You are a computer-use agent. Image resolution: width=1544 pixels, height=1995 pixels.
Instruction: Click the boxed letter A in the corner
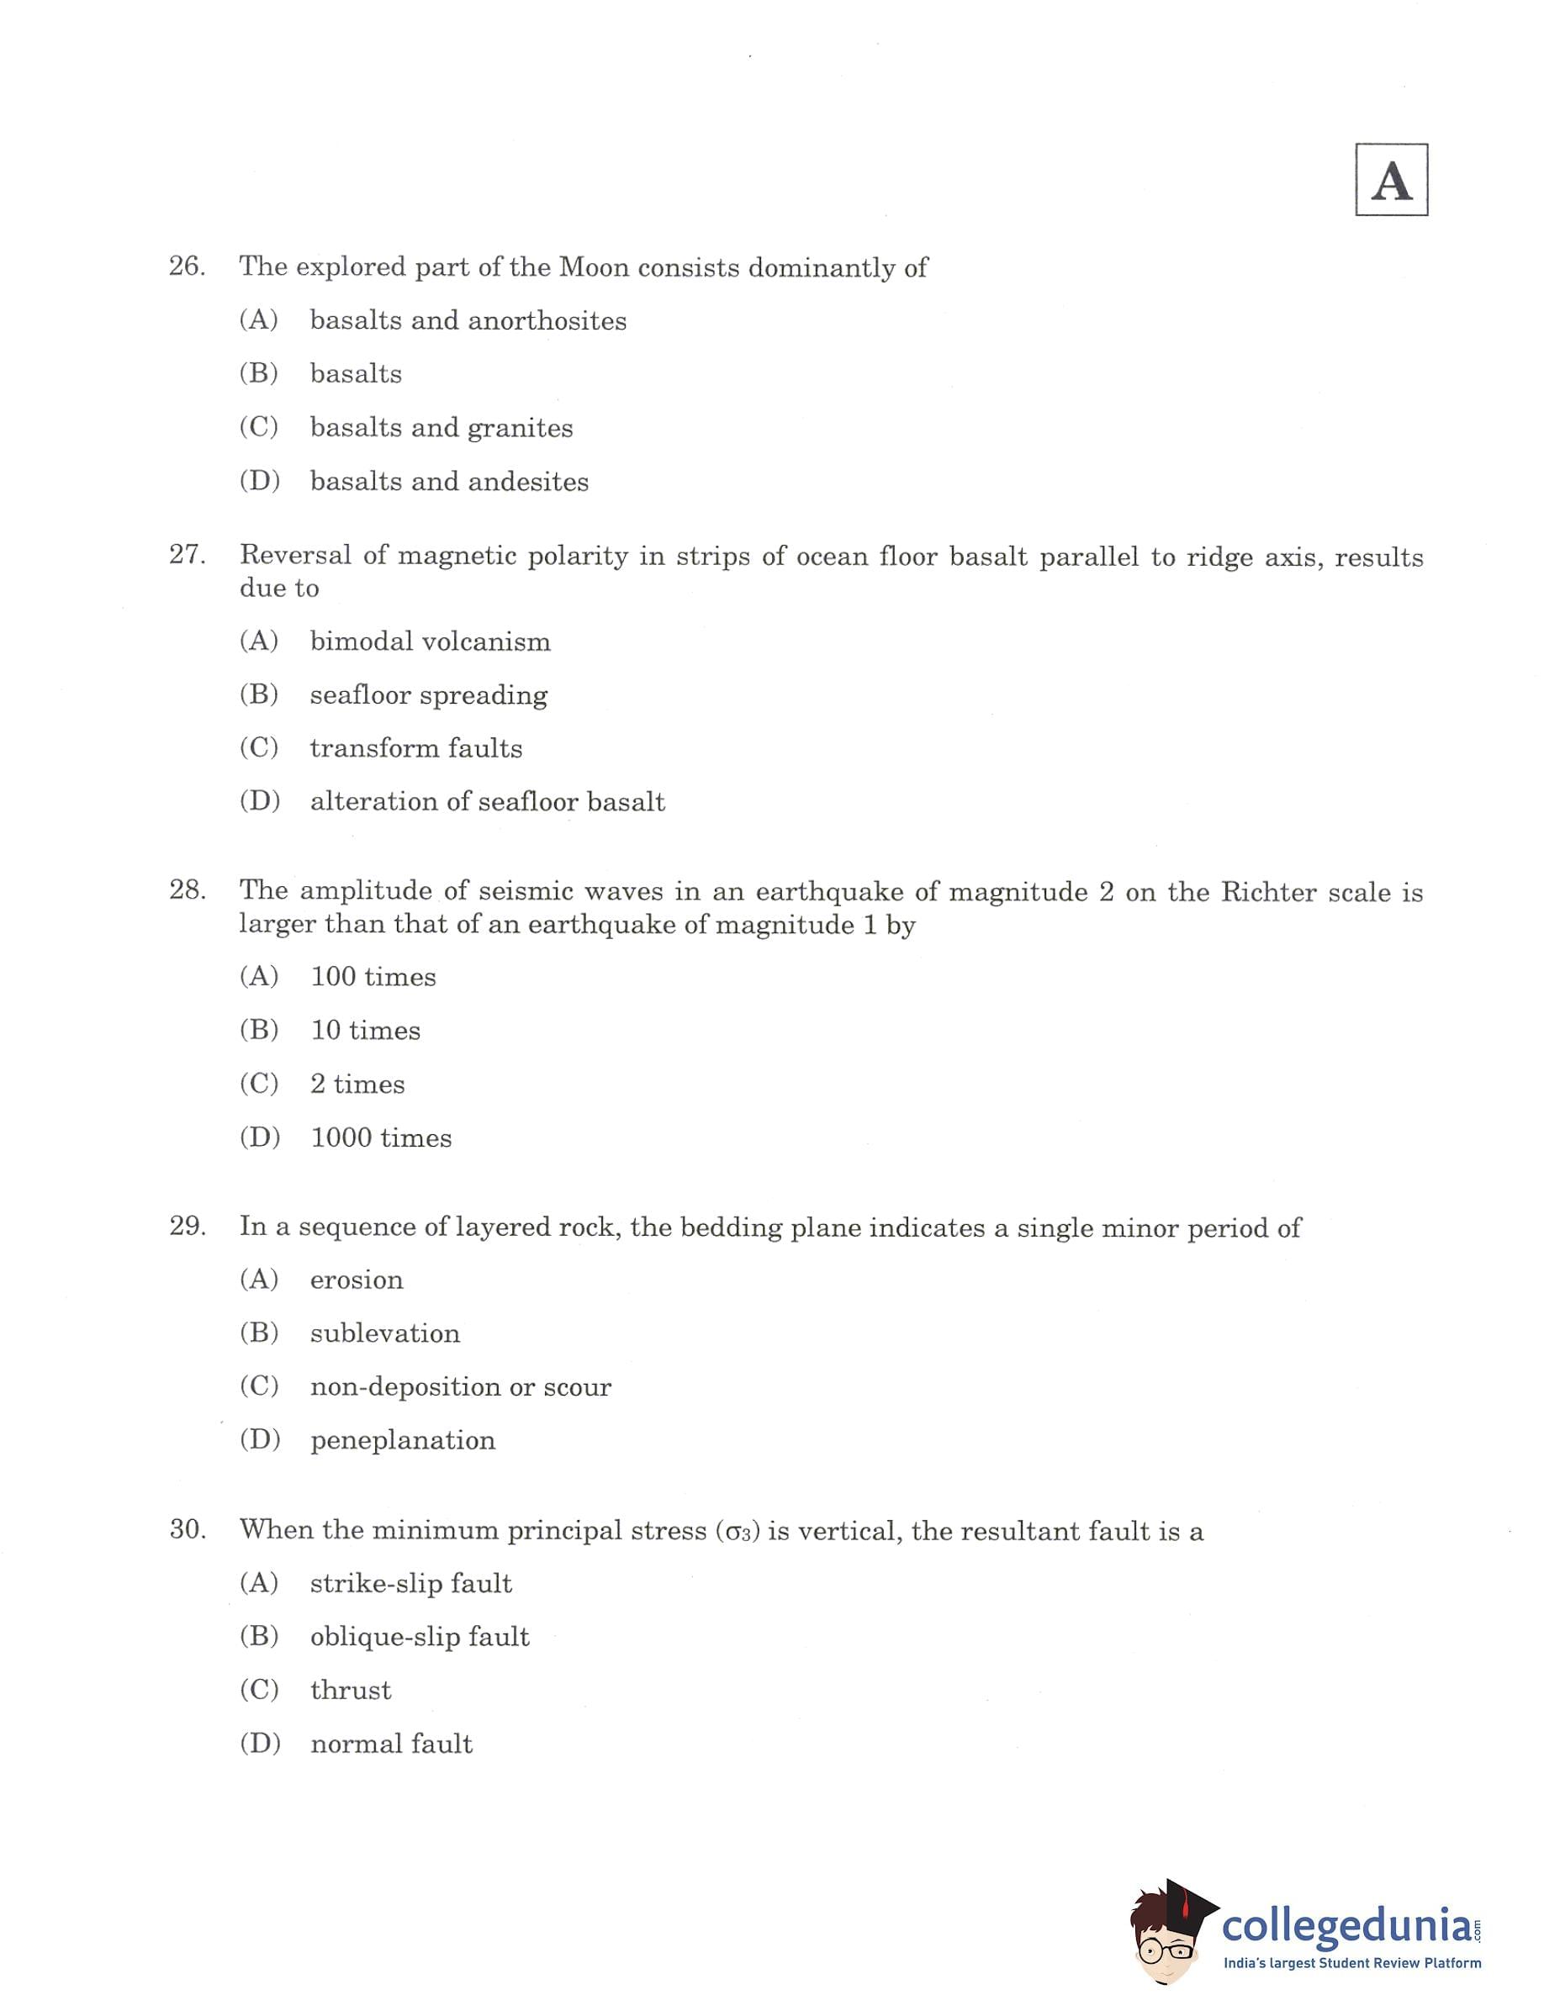1390,180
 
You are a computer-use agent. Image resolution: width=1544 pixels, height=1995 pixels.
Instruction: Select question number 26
187,266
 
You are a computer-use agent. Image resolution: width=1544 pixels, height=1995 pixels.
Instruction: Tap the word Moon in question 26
594,267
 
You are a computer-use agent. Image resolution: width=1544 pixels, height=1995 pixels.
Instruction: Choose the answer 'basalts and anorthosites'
468,320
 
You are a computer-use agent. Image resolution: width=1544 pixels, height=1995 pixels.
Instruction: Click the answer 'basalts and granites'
442,427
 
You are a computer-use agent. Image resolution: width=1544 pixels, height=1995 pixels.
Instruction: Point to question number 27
187,555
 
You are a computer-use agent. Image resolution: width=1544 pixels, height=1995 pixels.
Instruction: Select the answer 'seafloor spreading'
429,695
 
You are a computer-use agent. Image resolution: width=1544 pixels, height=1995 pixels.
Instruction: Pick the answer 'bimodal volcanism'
431,641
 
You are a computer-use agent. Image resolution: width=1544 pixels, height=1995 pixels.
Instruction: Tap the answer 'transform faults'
415,748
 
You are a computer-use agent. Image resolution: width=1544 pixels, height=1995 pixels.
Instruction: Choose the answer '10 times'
366,1031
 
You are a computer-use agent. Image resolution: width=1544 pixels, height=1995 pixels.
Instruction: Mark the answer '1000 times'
381,1138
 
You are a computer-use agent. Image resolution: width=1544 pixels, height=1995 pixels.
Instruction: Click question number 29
187,1226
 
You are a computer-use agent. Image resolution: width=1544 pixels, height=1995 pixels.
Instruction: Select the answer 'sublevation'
384,1333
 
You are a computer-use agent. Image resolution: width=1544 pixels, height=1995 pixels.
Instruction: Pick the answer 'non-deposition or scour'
461,1386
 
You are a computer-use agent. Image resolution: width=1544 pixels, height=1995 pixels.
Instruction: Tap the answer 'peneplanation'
403,1440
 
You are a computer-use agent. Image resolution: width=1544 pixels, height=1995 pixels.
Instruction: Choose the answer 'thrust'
351,1690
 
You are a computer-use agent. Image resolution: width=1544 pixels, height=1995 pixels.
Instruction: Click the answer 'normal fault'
391,1744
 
